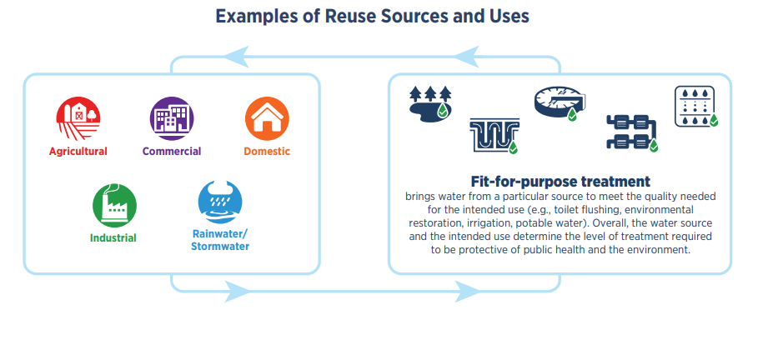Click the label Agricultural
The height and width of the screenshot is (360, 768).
78,152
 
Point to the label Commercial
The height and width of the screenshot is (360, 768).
172,152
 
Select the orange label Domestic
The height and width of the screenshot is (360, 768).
267,152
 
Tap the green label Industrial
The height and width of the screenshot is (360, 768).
113,237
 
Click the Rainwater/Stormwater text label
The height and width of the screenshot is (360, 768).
219,240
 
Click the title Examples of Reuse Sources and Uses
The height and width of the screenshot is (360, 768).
384,17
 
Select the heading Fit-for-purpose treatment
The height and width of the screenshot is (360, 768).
560,181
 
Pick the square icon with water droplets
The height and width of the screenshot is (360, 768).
695,106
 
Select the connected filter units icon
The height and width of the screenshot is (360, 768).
631,131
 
